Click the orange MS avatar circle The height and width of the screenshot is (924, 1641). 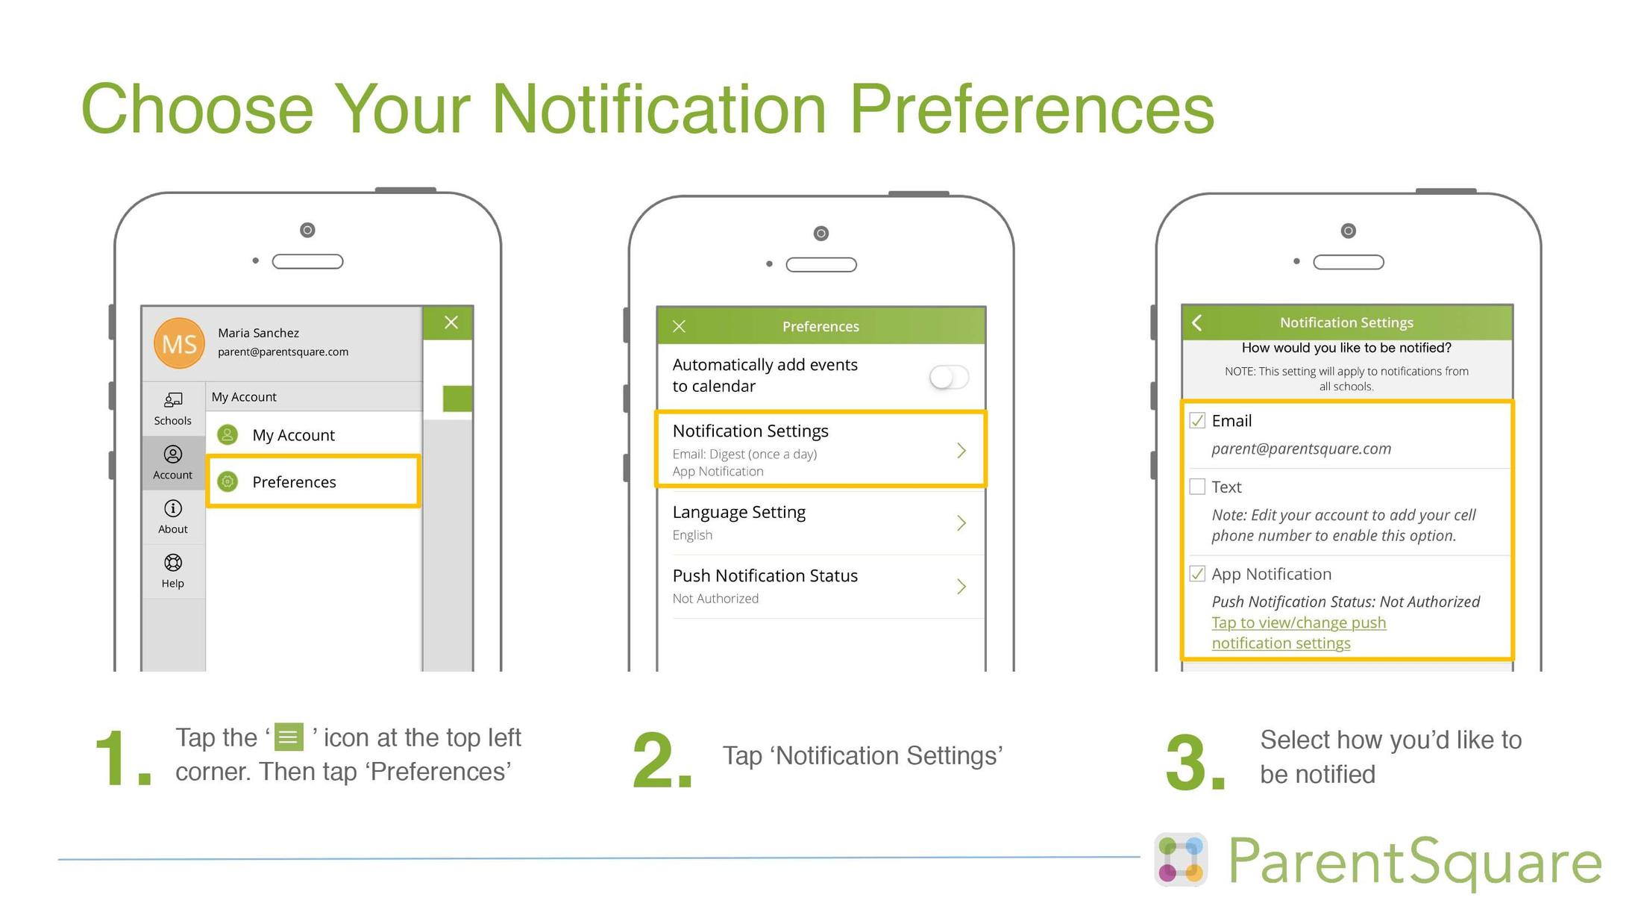(179, 343)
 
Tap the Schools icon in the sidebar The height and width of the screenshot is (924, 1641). (173, 401)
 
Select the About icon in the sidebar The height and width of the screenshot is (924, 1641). (173, 509)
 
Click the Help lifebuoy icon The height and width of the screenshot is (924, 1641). (173, 563)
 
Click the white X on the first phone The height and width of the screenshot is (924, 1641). (451, 322)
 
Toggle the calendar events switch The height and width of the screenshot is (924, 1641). (949, 377)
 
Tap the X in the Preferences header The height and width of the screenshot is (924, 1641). (679, 326)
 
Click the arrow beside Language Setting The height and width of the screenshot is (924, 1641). (961, 523)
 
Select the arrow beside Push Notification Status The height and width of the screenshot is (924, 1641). (961, 587)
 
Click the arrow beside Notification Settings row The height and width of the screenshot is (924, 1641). (961, 450)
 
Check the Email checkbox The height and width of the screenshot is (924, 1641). (1197, 421)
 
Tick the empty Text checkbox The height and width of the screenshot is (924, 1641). (1197, 487)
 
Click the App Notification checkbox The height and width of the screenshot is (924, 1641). (1197, 574)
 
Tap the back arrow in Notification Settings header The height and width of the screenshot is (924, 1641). (1197, 322)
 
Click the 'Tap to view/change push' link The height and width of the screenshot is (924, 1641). (1298, 623)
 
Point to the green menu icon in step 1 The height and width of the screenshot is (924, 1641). (289, 737)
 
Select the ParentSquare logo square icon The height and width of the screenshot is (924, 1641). (1181, 860)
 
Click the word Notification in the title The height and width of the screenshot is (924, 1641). (659, 109)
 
